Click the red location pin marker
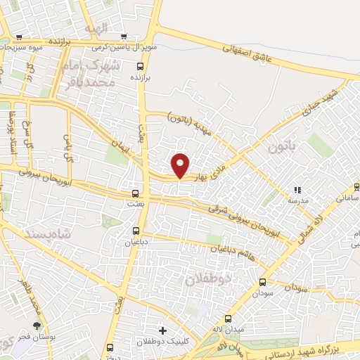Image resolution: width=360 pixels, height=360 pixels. (x=181, y=165)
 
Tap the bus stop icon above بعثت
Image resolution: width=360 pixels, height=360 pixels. (x=136, y=192)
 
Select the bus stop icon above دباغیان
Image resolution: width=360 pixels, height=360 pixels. (x=137, y=230)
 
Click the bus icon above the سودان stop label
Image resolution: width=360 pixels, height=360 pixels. (x=262, y=281)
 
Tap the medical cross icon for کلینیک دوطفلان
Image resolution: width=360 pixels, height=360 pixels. (x=163, y=330)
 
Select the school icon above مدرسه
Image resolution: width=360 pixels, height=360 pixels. (x=297, y=189)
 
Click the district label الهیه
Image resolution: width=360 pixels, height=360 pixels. (x=95, y=29)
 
